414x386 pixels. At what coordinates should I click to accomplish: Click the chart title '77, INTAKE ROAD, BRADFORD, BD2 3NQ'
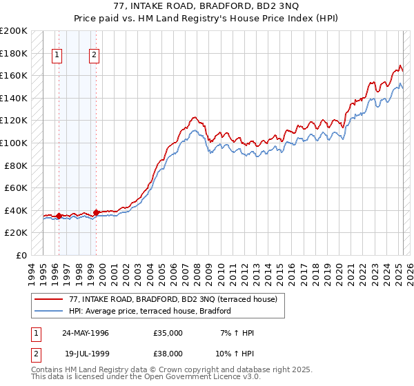coord(207,8)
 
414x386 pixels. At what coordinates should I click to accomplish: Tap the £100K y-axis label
coord(14,143)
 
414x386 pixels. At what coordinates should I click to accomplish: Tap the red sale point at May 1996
coord(59,216)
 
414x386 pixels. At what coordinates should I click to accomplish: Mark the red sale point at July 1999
coord(97,212)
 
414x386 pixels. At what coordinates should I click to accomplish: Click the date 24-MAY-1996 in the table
coord(86,333)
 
